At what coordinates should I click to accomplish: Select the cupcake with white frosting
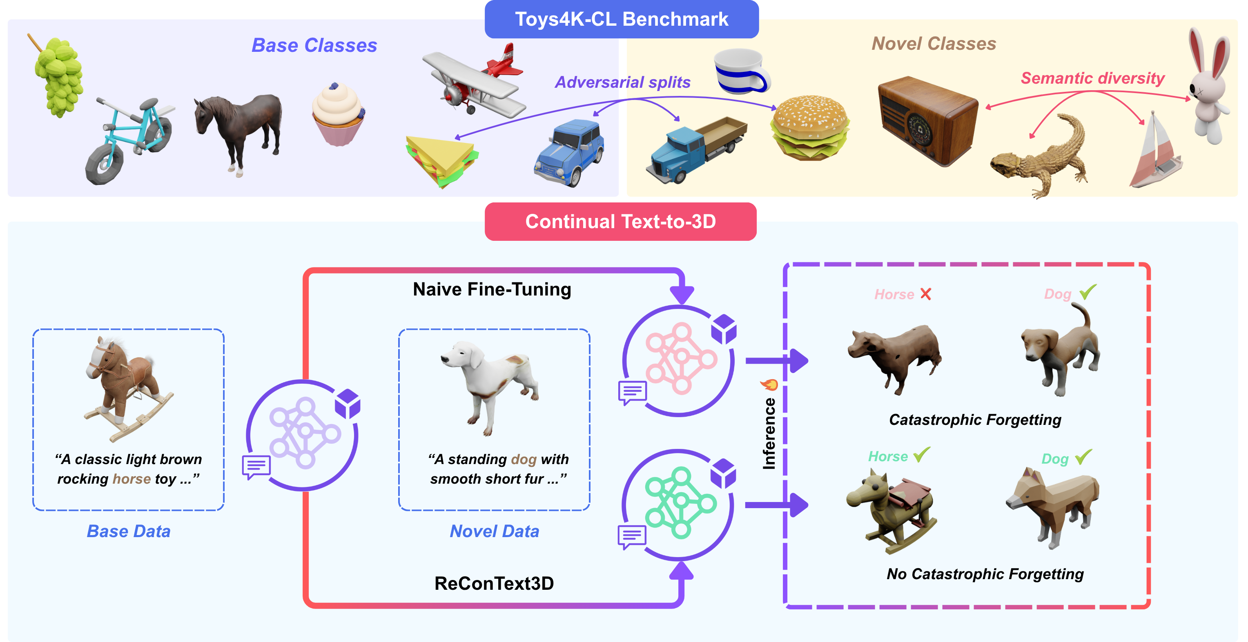(338, 114)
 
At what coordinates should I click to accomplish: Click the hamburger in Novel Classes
(810, 128)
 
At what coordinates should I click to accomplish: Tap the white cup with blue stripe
(741, 71)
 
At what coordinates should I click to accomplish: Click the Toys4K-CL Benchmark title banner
(622, 19)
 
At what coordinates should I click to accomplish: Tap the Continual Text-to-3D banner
(621, 222)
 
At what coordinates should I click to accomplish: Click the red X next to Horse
(925, 294)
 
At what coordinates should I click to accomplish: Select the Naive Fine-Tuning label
(492, 289)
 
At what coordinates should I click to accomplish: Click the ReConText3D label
(494, 583)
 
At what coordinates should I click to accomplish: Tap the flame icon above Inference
(769, 385)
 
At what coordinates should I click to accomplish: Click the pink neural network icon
(680, 358)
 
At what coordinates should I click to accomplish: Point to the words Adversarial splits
(622, 82)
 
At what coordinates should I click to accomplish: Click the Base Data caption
(128, 531)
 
